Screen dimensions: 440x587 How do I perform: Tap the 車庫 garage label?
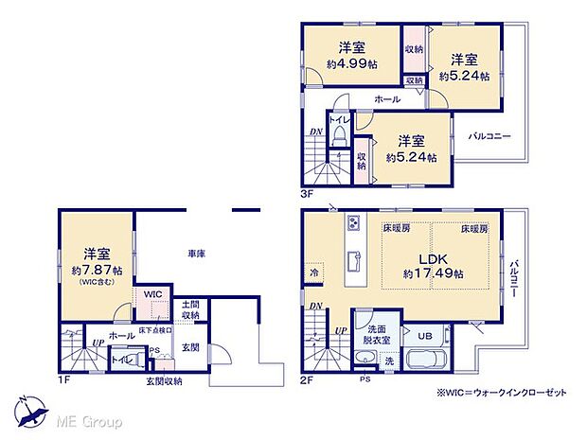(197, 254)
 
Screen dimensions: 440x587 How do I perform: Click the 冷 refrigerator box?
(314, 273)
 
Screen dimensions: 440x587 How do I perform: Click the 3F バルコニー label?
(489, 136)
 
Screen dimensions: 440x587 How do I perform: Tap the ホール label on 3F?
(385, 98)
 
